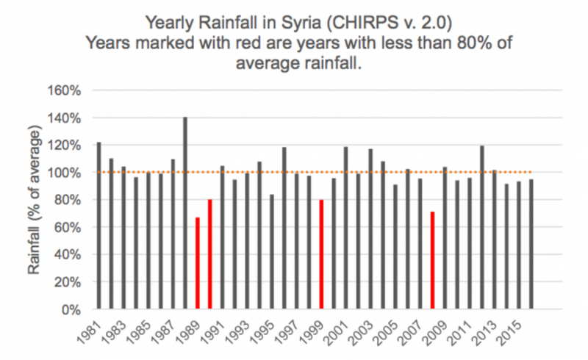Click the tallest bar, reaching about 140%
tap(185, 213)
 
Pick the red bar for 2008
tap(433, 260)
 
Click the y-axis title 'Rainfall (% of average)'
tap(35, 200)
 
